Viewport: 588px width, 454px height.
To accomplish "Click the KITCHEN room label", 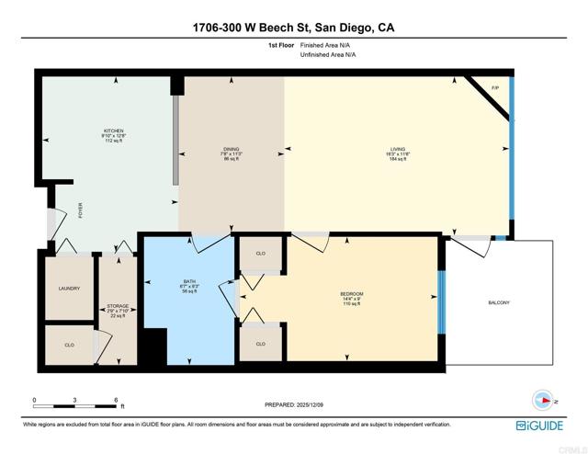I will click(113, 131).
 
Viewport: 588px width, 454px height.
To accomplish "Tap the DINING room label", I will click(230, 149).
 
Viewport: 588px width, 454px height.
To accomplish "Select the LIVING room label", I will click(398, 149).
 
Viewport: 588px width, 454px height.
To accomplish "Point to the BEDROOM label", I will click(353, 293).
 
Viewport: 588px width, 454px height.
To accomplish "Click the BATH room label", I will click(190, 281).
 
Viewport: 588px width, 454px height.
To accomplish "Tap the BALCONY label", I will click(497, 302).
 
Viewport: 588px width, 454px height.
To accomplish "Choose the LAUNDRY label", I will click(69, 289).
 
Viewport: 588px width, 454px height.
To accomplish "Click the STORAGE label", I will click(117, 305).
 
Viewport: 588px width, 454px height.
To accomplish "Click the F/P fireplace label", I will click(495, 87).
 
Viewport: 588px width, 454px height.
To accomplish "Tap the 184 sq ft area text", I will click(398, 159).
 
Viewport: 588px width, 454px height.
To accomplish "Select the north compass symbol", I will click(543, 400).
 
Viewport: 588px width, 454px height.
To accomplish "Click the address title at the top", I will click(294, 28).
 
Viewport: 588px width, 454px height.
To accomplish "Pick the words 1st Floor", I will click(282, 44).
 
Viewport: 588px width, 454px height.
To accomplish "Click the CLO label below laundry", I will click(69, 346).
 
